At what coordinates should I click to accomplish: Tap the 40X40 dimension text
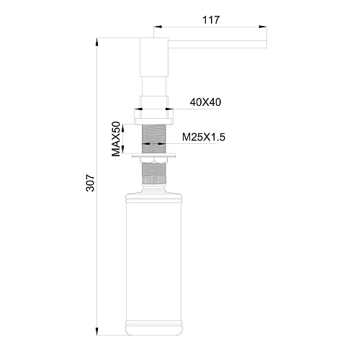click(x=205, y=102)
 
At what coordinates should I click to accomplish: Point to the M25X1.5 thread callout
click(x=205, y=137)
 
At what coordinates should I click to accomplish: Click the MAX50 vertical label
click(x=115, y=138)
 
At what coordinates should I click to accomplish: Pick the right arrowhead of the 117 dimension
click(x=265, y=29)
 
